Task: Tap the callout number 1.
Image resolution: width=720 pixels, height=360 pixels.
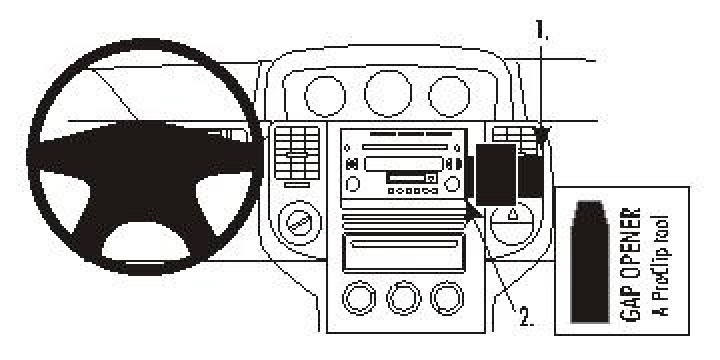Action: pyautogui.click(x=543, y=32)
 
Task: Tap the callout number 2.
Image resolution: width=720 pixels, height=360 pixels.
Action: pyautogui.click(x=526, y=319)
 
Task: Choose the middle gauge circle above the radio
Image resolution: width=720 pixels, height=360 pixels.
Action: pyautogui.click(x=388, y=92)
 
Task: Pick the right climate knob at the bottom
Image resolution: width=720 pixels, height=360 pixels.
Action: pyautogui.click(x=446, y=296)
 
